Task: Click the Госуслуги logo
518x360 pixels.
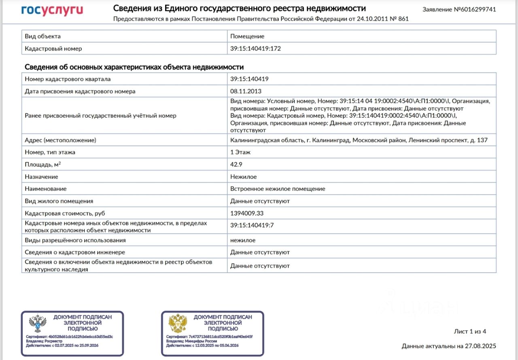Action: coord(52,10)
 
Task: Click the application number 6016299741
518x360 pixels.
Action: coord(478,9)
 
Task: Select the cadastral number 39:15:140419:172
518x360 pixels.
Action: coord(255,49)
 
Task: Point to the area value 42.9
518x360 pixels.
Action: coord(236,165)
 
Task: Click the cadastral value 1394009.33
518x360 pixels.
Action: coord(246,213)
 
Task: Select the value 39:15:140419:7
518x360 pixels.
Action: coord(252,225)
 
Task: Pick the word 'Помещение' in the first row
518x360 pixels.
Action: coord(247,36)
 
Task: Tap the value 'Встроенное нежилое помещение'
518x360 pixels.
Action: coord(278,189)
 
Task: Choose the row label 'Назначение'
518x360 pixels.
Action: coord(41,177)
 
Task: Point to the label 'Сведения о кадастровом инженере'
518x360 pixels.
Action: coord(69,252)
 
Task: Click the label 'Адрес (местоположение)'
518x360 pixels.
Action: coord(60,140)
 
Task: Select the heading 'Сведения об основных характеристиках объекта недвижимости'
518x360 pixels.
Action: coord(134,67)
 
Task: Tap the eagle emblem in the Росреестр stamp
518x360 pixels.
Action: coord(38,324)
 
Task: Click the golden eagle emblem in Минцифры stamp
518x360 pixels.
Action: coord(178,324)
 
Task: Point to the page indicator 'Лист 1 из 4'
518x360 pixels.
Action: coord(470,332)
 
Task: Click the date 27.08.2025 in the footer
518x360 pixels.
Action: coord(480,346)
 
